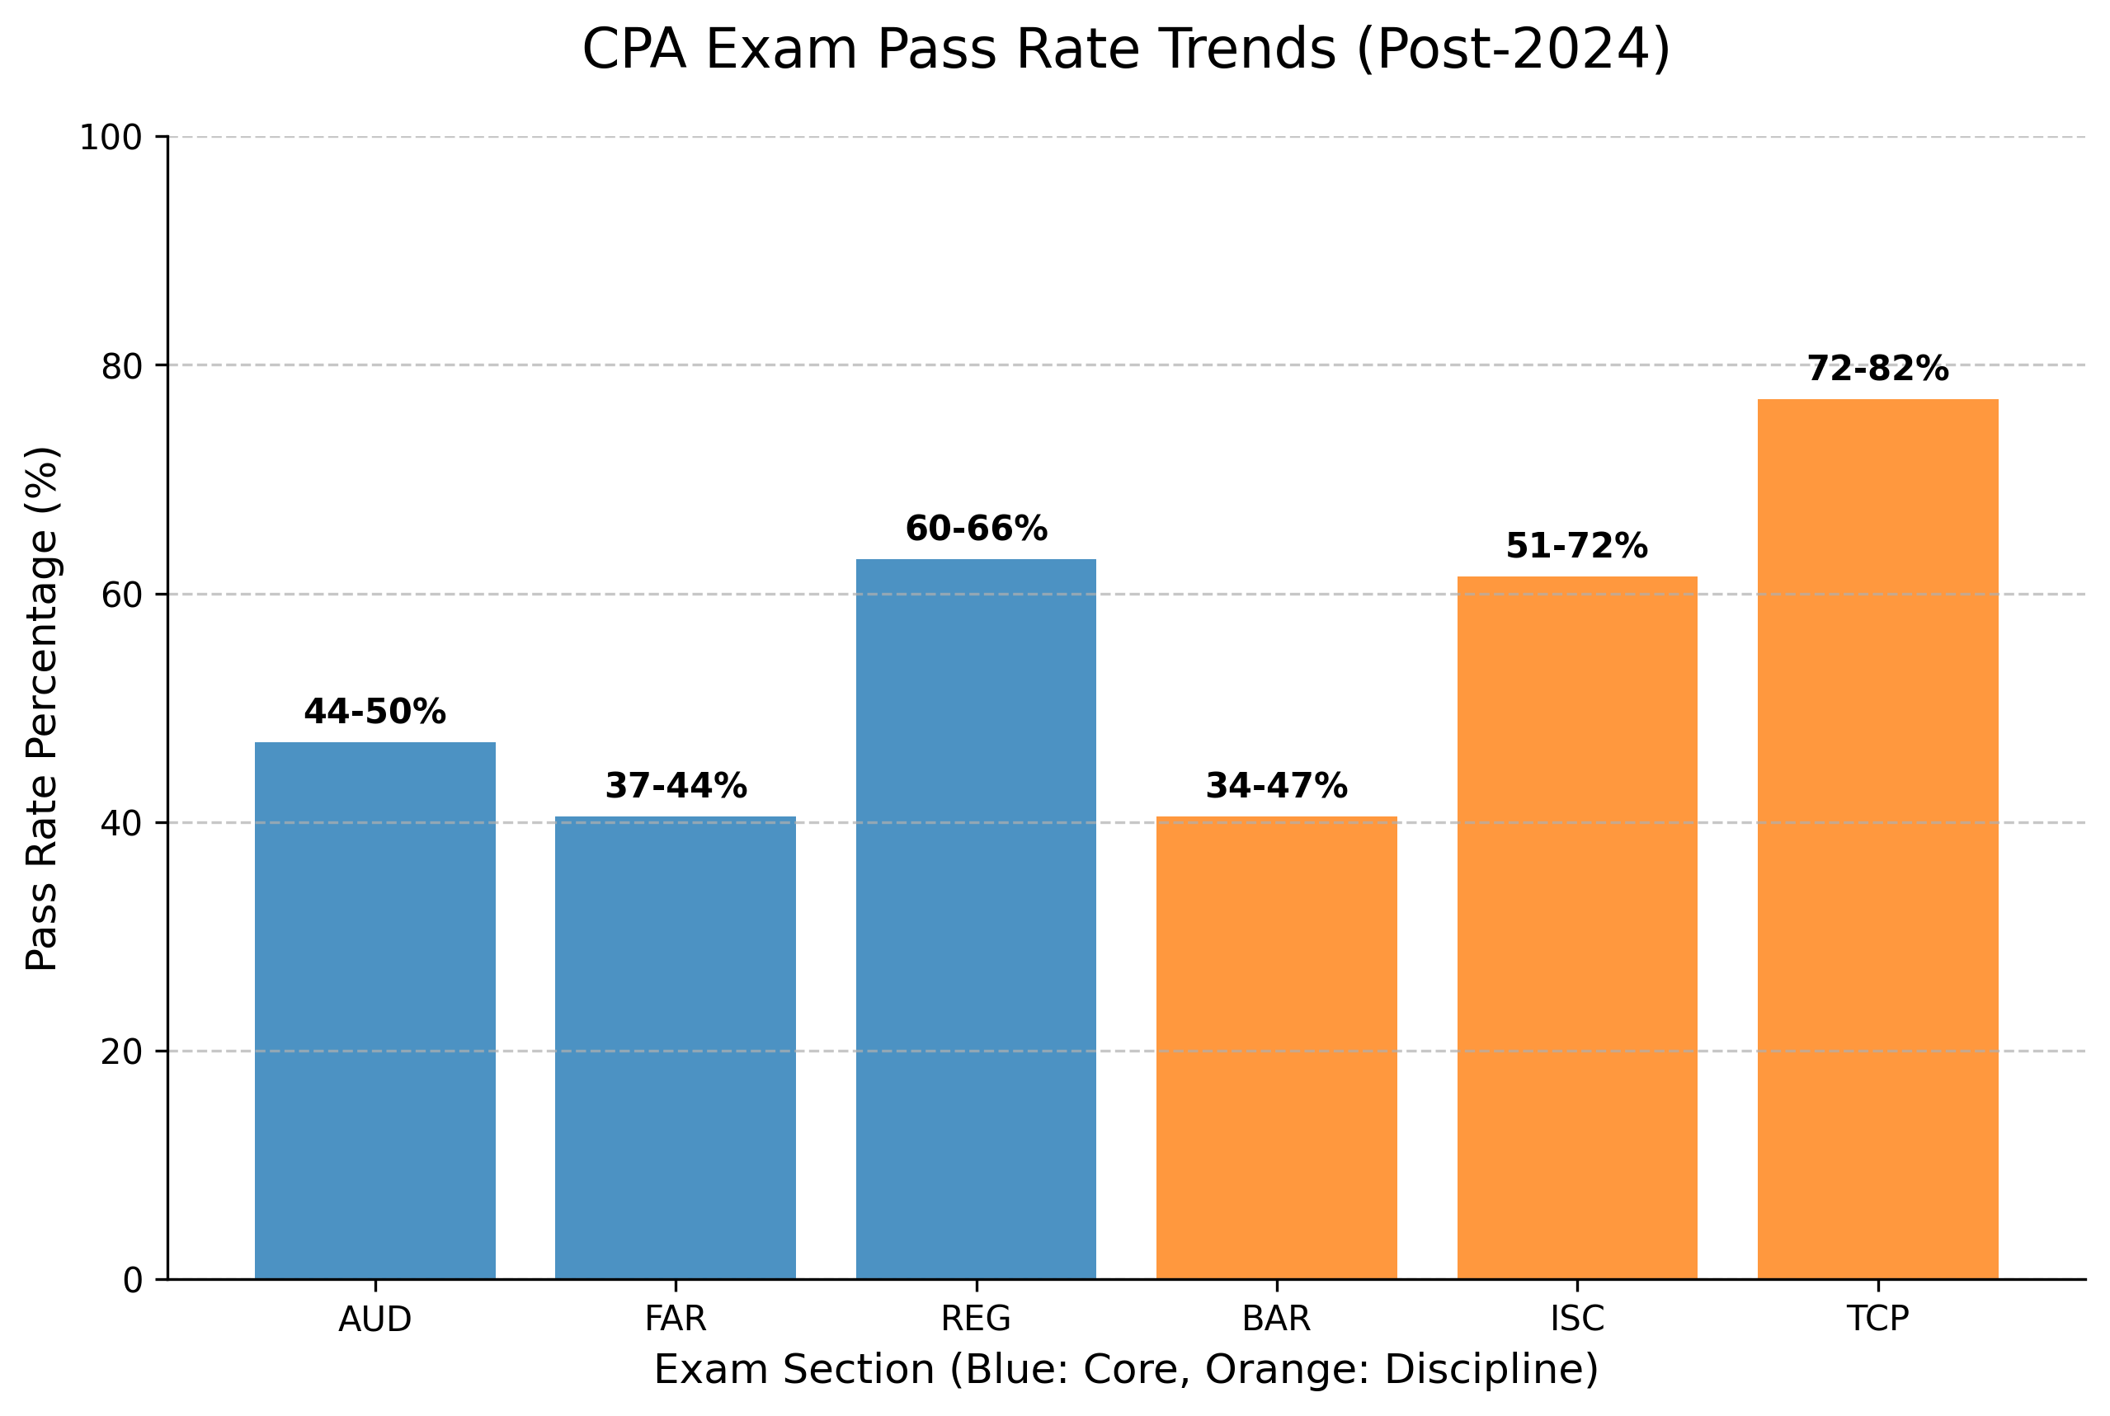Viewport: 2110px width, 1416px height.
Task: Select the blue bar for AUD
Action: (x=374, y=1010)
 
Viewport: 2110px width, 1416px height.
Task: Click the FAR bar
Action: (x=675, y=1047)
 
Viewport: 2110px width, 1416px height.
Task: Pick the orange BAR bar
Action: (x=1276, y=1047)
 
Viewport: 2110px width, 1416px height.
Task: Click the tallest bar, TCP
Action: (x=1878, y=839)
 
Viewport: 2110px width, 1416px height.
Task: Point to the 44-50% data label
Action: (x=374, y=713)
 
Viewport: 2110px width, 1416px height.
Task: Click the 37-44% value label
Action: (x=676, y=787)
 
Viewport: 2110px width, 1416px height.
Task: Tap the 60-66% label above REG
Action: (x=977, y=529)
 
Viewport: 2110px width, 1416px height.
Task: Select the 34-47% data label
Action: (x=1276, y=787)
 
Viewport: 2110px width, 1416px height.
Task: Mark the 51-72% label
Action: (x=1577, y=546)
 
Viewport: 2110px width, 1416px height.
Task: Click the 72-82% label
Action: (x=1878, y=369)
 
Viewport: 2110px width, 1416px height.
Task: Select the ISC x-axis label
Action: (x=1577, y=1320)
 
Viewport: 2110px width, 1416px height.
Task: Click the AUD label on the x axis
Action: (x=374, y=1320)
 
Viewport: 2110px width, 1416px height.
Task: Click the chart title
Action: (x=1125, y=49)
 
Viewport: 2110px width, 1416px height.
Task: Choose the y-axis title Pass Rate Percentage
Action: (x=41, y=709)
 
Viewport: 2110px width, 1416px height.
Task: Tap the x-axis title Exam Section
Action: (x=1125, y=1369)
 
